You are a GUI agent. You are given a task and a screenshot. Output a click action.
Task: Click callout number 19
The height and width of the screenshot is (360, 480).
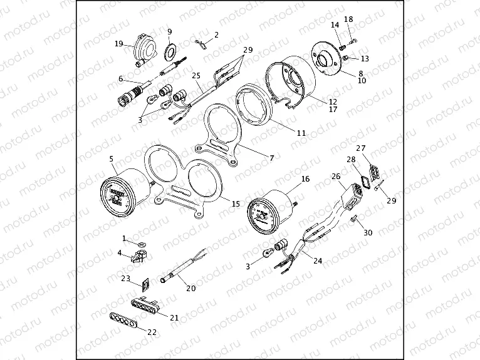118,43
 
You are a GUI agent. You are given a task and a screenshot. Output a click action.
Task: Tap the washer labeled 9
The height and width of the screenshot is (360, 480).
170,49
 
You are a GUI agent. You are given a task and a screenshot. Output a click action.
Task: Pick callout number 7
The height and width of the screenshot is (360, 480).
271,158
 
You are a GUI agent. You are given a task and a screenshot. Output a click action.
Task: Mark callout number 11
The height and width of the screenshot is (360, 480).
301,133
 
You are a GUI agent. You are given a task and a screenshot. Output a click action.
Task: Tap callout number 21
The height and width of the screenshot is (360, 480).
174,317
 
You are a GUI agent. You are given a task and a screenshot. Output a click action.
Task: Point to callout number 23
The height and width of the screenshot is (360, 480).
126,279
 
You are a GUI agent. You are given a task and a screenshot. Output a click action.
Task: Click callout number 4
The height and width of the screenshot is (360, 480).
119,253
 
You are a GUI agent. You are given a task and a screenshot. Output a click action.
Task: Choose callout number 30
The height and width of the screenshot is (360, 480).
368,232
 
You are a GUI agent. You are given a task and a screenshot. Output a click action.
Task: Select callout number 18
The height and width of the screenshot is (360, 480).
348,19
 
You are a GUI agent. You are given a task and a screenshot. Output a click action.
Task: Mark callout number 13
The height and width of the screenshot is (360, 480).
365,58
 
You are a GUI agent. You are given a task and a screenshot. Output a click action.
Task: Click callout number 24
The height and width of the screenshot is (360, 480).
318,261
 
